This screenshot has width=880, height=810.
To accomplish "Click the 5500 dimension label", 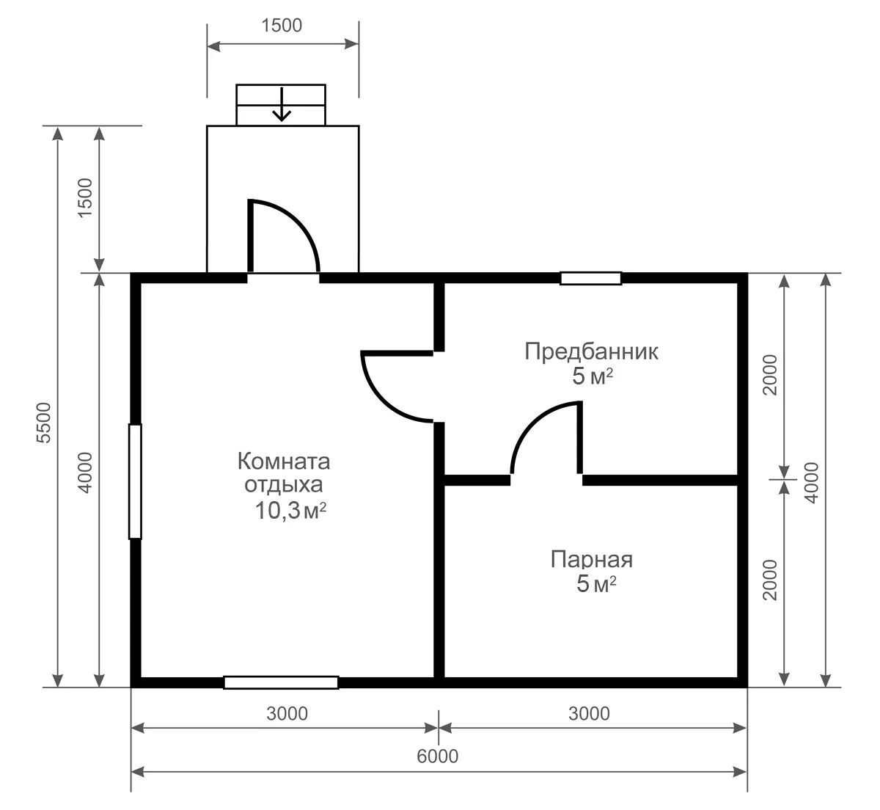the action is (44, 423).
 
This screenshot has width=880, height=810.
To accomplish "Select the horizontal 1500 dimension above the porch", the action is (282, 26).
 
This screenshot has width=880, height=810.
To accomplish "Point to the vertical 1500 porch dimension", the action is (85, 197).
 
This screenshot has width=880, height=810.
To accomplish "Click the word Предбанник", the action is (591, 351).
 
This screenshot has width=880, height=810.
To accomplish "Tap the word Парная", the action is (591, 560).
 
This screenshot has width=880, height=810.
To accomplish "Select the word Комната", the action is (284, 461).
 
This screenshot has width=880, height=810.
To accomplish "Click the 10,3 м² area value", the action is (290, 510).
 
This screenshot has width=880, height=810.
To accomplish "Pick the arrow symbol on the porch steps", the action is (282, 104).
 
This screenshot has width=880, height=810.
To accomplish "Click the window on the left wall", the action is (135, 481).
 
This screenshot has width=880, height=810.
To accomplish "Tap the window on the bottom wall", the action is (281, 682).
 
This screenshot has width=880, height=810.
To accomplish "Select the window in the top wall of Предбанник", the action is (591, 278).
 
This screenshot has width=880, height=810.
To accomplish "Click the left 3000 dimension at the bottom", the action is (287, 714).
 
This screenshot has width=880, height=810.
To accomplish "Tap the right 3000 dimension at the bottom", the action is (589, 714).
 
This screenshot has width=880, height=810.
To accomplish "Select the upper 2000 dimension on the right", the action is (770, 375).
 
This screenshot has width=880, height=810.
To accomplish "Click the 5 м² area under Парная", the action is (596, 584).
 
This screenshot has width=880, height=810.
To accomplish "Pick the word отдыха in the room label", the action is (284, 485).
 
